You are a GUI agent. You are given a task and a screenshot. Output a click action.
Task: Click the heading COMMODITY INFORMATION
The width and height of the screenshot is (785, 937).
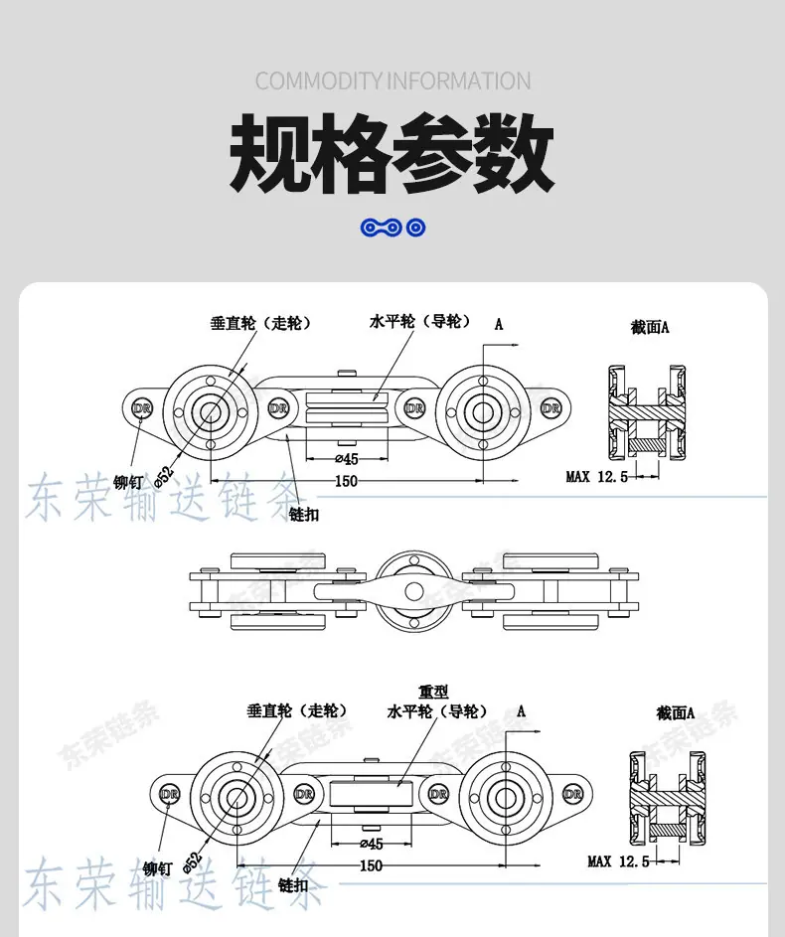392,81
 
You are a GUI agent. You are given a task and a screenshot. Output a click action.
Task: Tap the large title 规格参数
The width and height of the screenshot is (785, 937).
392,153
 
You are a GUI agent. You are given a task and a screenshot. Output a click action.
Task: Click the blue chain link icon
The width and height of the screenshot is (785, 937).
392,228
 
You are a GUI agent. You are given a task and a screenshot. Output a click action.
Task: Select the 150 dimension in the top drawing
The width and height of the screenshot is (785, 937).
346,481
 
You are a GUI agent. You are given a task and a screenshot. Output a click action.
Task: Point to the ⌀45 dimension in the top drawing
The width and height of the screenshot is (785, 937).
347,459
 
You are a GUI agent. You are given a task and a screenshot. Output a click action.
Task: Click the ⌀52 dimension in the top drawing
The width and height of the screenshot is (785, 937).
164,476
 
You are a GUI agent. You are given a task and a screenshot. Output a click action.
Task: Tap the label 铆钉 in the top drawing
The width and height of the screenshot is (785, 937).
128,482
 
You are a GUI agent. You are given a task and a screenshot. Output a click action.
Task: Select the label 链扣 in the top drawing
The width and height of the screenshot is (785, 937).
303,514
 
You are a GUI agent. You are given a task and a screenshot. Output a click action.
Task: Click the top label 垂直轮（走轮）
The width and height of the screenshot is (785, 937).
261,323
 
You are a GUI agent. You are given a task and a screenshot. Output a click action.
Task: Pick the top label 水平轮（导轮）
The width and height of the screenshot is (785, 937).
420,322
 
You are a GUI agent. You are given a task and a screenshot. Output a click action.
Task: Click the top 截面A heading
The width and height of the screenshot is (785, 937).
650,328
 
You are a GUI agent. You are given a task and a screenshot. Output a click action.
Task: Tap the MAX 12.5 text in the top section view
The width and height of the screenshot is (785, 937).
597,476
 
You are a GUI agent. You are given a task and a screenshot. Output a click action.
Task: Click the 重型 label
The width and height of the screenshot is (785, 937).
433,692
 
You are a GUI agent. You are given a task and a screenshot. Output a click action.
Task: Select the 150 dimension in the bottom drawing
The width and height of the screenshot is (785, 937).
371,865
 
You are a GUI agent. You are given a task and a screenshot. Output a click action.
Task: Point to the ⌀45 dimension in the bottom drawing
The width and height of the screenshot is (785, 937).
372,844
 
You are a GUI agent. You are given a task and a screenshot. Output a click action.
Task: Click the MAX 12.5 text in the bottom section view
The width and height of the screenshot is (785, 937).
618,861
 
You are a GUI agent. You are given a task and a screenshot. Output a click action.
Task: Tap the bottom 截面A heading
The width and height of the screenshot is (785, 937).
675,712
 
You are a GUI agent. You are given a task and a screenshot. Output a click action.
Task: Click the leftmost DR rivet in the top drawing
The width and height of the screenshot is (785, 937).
142,408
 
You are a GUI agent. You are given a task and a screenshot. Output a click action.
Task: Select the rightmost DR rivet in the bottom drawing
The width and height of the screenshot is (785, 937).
572,794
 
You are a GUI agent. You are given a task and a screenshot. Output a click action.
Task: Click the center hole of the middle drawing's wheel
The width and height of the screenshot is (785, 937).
413,592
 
